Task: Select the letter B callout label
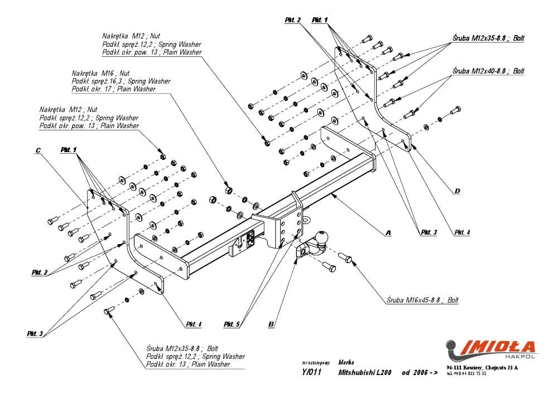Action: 271,324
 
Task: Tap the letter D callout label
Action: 457,191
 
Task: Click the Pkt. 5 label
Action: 232,324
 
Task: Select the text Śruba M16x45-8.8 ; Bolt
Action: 422,300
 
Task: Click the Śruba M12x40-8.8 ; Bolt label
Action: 488,71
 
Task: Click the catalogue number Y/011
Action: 312,373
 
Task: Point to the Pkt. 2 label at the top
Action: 292,20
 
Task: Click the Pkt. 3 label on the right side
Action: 429,232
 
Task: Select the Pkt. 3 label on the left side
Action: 35,333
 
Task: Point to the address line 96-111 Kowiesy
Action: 482,368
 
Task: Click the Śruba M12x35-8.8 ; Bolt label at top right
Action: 488,38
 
